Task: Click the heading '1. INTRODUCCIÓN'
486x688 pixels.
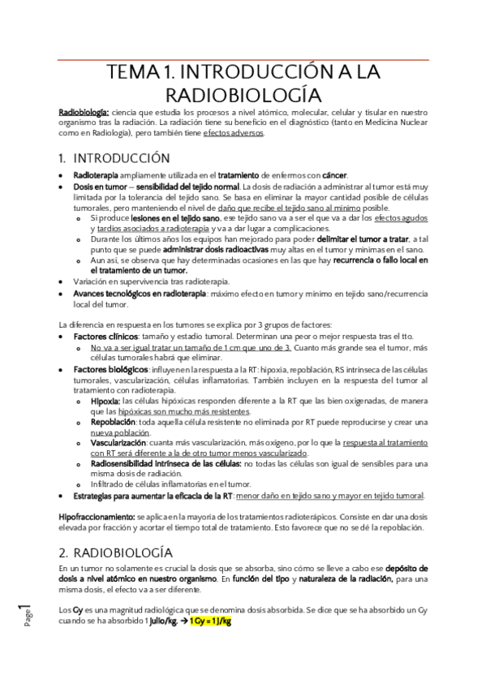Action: pos(114,157)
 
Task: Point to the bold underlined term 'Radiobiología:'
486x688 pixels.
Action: pos(84,112)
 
